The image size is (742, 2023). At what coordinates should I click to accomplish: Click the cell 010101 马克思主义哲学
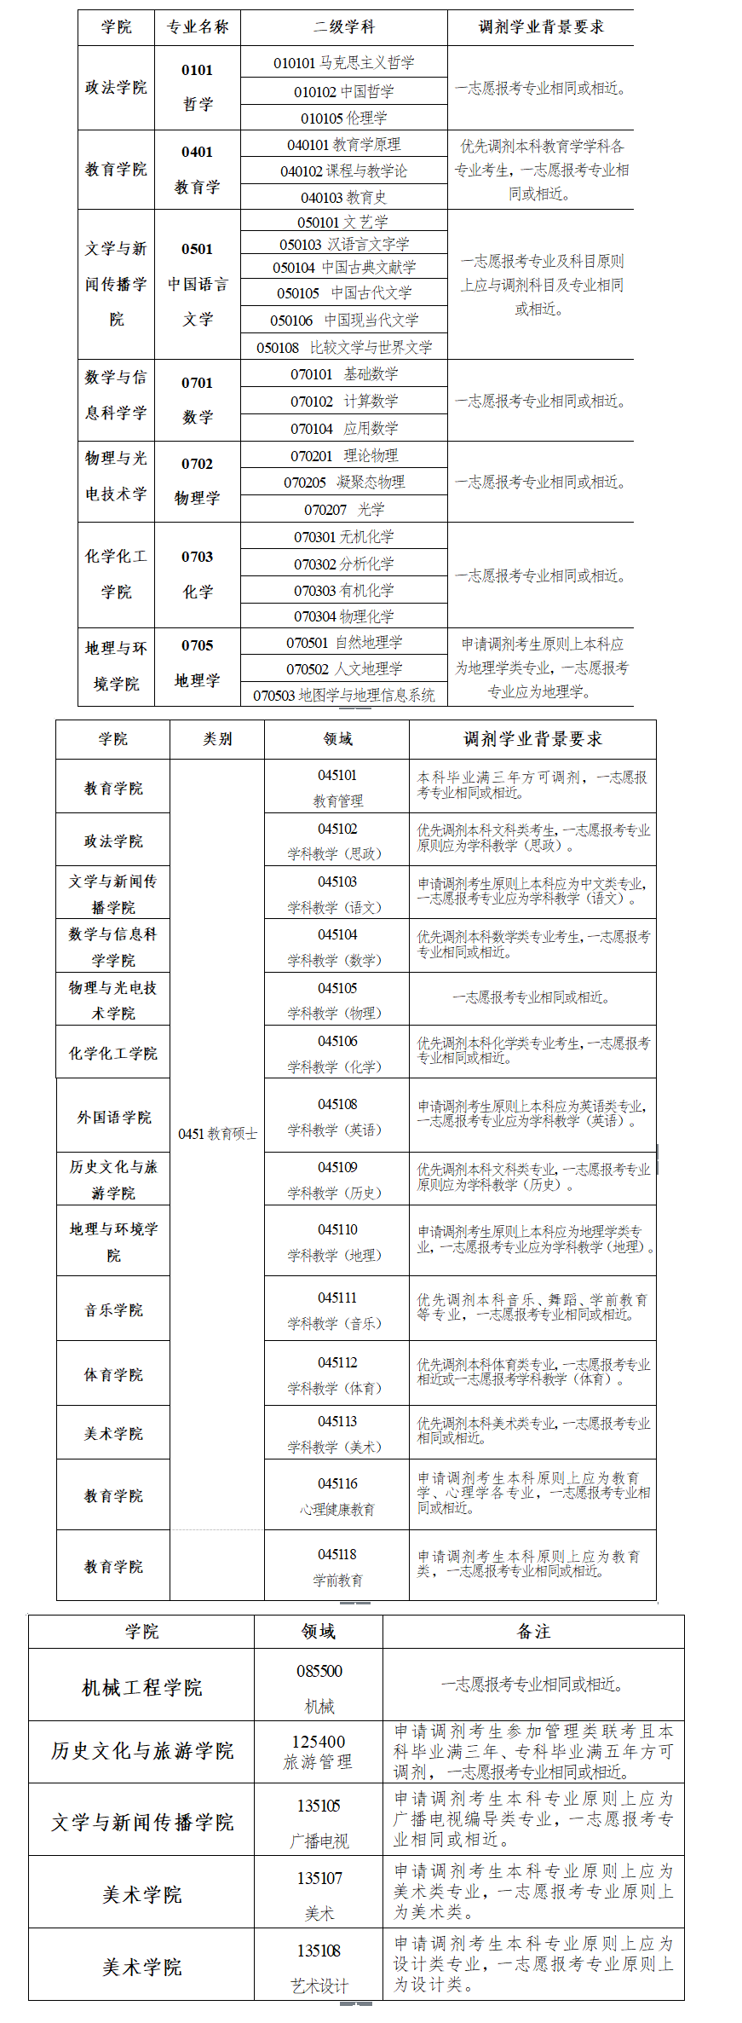[343, 63]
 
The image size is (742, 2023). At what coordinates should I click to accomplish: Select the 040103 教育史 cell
[343, 197]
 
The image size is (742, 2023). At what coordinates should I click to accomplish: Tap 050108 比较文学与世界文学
[343, 347]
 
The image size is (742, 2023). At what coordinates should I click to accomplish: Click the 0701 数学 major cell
[197, 400]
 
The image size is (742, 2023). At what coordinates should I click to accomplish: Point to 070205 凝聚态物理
[343, 483]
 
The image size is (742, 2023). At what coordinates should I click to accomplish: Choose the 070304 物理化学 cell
[343, 616]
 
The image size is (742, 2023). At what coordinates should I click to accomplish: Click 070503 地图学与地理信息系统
[343, 695]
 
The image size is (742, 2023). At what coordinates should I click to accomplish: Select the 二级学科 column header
[343, 27]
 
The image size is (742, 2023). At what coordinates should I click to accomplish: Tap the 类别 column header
[217, 739]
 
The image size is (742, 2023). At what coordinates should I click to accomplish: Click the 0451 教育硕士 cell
[217, 1133]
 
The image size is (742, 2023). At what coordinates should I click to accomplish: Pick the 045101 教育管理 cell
[337, 788]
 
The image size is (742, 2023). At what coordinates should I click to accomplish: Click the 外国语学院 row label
[113, 1117]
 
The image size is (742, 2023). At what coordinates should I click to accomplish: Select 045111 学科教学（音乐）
[337, 1310]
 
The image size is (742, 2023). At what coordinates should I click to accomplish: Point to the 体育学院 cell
[113, 1374]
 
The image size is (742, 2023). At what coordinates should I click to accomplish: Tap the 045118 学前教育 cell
[337, 1567]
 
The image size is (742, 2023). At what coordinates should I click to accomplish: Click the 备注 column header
[533, 1632]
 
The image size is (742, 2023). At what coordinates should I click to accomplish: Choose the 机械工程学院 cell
[141, 1687]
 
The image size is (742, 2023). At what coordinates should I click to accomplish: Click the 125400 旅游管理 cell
[319, 1751]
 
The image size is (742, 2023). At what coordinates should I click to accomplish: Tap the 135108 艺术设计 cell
[319, 1968]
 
